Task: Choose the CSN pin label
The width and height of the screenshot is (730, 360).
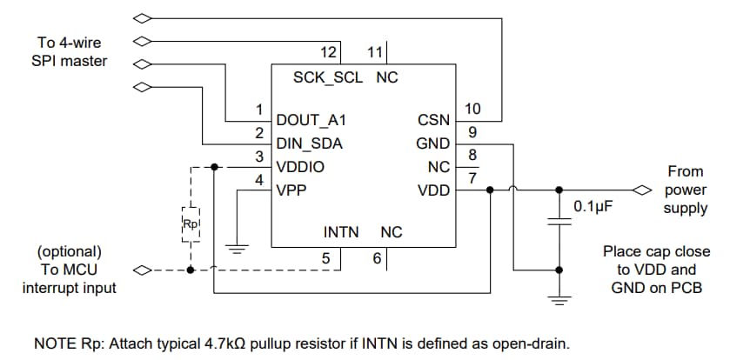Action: coord(434,120)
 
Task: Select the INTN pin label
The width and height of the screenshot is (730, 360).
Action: coord(340,233)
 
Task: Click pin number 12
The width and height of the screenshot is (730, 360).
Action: coord(328,53)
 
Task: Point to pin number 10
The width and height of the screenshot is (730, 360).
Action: coord(472,109)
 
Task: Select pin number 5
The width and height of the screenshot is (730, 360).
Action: coord(325,257)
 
